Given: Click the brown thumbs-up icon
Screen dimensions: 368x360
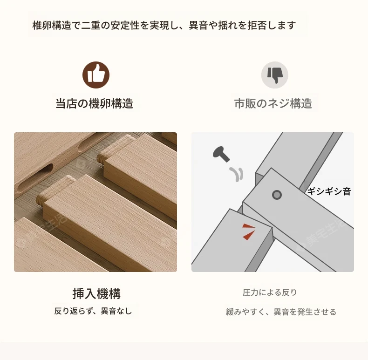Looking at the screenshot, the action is [x=96, y=75].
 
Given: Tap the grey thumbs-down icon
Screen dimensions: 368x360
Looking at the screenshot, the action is [x=274, y=75].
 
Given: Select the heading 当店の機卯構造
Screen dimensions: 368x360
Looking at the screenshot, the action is [x=95, y=103].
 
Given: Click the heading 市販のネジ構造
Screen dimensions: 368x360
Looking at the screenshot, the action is [x=273, y=103].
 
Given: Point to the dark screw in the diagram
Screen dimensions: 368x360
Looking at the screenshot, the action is [x=221, y=154].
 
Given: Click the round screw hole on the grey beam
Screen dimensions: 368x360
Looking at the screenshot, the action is [x=277, y=195].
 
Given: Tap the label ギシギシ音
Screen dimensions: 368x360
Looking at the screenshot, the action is [x=329, y=191].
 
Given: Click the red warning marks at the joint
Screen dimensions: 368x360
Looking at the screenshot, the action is [x=249, y=231].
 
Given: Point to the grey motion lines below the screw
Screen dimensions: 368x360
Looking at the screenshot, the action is [x=236, y=174].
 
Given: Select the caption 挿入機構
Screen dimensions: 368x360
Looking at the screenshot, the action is [x=96, y=293].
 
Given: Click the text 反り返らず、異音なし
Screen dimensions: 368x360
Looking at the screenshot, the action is [x=93, y=311].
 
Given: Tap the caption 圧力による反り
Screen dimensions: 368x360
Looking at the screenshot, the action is [x=270, y=292].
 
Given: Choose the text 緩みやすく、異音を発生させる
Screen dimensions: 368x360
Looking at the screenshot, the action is [x=281, y=312].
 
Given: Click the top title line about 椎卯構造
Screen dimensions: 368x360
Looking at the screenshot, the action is [x=164, y=25].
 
